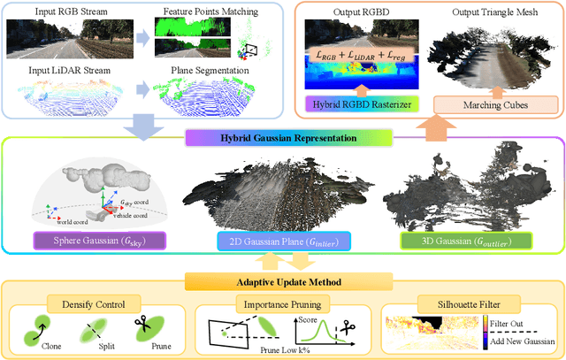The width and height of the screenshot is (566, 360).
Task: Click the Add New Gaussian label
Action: [523, 341]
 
